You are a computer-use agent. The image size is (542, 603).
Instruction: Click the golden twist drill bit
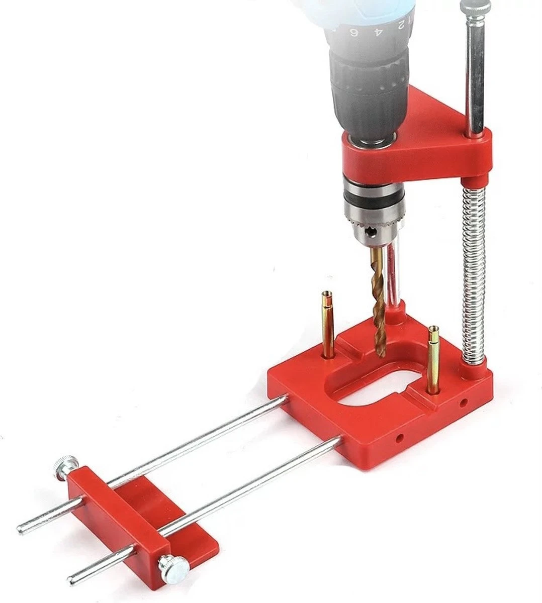379,301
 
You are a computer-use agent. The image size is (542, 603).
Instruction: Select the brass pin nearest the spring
433,360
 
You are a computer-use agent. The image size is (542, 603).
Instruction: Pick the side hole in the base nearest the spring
464,402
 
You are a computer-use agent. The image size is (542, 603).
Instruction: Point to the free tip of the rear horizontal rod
21,529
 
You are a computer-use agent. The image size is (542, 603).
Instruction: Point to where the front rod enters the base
338,443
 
